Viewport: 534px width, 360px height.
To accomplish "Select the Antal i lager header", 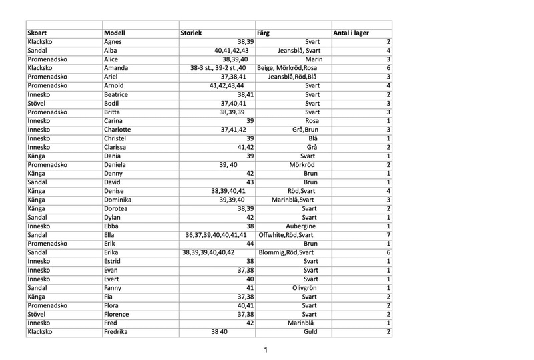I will [x=352, y=33].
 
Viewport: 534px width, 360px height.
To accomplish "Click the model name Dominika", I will [x=121, y=199].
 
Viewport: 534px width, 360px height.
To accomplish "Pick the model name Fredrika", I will [x=120, y=331].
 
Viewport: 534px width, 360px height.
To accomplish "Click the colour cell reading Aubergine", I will [x=301, y=226].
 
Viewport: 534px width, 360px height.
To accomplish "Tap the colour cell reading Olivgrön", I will [x=304, y=287].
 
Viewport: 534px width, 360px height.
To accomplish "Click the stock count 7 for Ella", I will [x=387, y=234].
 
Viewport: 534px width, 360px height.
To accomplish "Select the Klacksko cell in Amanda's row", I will [x=42, y=67].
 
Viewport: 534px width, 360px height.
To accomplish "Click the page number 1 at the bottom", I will [x=266, y=349].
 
